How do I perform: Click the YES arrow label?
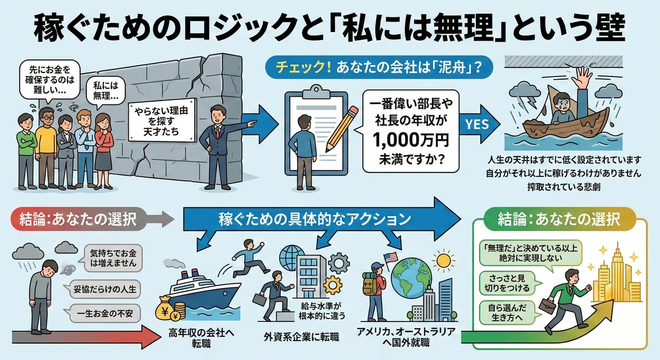pos(477,124)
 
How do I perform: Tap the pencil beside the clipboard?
pos(342,129)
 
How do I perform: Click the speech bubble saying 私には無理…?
pos(106,91)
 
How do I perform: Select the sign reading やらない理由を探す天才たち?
pos(162,121)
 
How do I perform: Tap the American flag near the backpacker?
pos(390,258)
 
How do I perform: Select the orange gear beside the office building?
pos(332,285)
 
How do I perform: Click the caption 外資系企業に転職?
pos(301,337)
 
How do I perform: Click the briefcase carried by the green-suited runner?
pos(547,305)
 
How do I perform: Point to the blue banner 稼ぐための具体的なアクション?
pos(315,219)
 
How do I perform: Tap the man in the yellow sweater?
pos(46,147)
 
